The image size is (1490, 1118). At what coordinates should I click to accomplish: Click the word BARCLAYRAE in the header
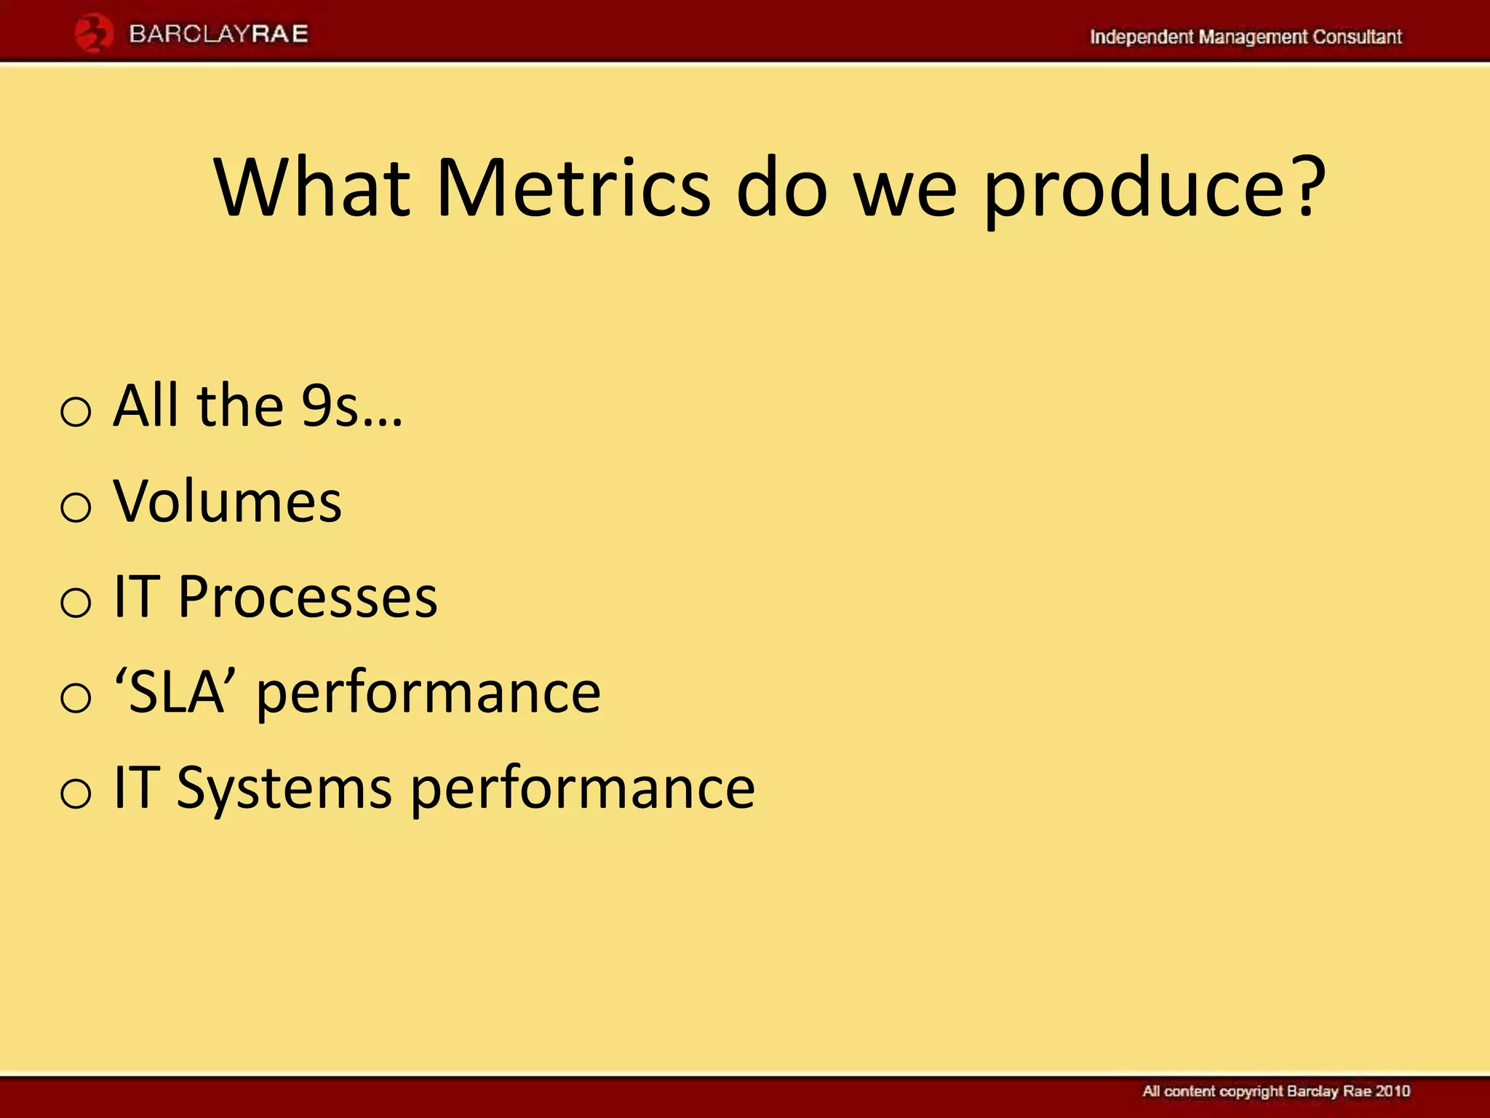point(218,34)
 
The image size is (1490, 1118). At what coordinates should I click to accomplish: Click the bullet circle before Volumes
point(76,507)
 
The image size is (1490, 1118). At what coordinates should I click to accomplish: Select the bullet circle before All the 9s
point(76,412)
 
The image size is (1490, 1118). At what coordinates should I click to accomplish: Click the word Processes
point(307,597)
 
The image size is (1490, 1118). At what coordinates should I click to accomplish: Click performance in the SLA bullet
point(429,694)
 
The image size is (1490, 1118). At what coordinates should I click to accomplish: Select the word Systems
point(284,789)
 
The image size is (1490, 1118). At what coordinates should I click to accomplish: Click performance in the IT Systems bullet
point(583,789)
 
